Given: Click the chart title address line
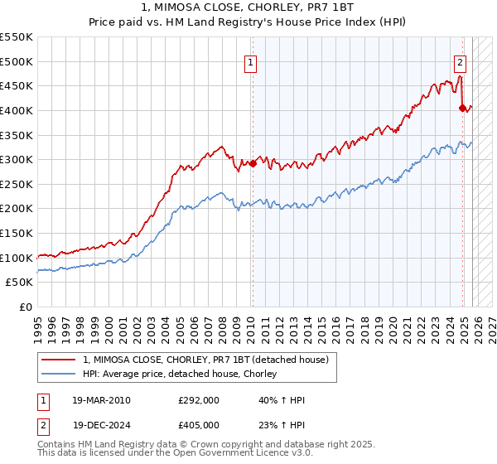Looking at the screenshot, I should point(248,7).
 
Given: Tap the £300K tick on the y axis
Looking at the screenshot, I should point(17,159).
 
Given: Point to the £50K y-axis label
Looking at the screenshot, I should point(20,283).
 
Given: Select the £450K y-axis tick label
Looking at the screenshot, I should point(17,85).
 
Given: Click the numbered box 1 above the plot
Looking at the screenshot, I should point(250,60).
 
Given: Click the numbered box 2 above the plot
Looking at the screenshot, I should point(460,60).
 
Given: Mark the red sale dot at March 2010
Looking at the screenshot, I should point(253,163).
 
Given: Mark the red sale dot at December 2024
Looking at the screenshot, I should point(462,108).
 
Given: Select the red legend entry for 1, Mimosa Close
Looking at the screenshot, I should point(205,359).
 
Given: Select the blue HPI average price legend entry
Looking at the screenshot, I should point(183,374).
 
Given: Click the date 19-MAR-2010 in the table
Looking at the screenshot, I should point(102,400).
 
